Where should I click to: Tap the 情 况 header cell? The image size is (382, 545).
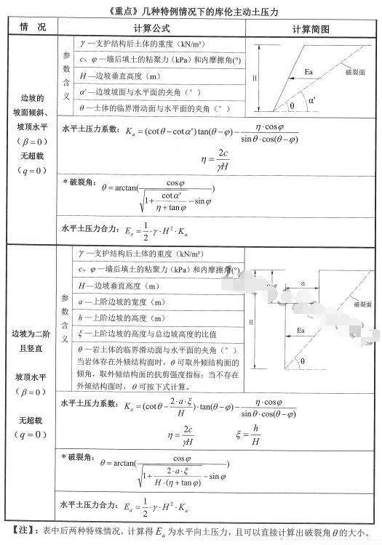point(33,28)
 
